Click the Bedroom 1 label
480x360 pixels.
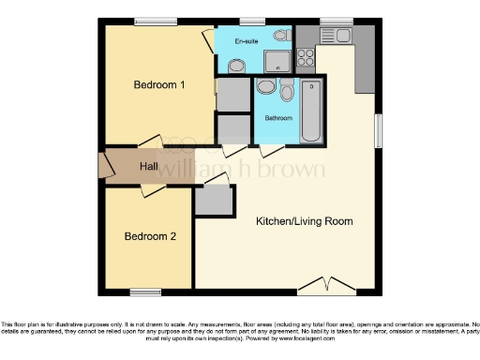tap(158, 85)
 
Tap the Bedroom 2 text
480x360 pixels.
tap(150, 236)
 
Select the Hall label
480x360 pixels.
tap(149, 166)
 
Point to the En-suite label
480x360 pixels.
tap(247, 42)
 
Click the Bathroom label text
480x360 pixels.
tap(278, 118)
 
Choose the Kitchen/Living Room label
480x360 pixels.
tap(304, 221)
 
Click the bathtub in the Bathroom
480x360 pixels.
tap(311, 111)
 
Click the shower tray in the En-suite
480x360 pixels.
tap(277, 62)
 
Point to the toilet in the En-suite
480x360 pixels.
tap(235, 64)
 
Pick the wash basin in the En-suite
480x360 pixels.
tap(280, 36)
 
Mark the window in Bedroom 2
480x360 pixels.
tap(144, 290)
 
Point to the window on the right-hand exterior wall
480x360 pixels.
tap(378, 127)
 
